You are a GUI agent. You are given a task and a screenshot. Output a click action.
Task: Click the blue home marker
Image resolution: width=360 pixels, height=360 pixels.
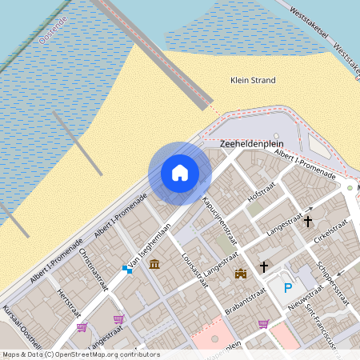180,173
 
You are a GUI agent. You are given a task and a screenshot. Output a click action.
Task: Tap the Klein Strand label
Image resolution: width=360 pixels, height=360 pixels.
252,80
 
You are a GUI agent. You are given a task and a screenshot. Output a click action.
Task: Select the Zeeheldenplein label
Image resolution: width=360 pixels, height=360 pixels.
247,144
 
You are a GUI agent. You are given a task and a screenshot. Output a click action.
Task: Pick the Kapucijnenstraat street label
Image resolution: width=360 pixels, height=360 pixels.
220,220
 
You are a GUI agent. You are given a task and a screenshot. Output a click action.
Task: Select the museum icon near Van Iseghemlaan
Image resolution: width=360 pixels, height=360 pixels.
154,264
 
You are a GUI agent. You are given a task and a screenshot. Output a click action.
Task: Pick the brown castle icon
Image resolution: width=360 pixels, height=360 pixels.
239,274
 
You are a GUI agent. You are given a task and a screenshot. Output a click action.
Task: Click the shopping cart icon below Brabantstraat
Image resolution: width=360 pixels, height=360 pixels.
263,323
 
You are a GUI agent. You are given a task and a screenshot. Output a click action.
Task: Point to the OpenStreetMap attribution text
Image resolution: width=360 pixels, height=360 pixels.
80,354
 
